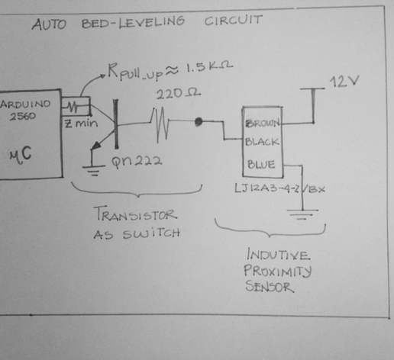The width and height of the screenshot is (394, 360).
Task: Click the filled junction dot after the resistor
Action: point(199,121)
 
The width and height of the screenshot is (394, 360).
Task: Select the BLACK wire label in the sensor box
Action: point(262,142)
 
